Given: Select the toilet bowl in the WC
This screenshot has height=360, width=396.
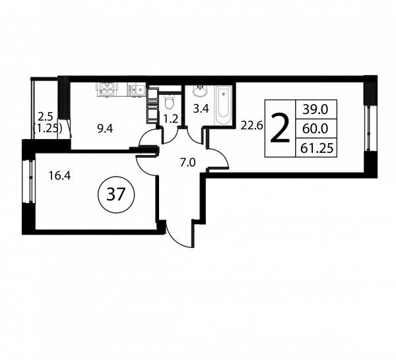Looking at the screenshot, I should click(169, 102).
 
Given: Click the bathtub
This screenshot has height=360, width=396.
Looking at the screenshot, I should click(222, 105).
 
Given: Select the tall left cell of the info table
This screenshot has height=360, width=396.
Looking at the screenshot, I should click(279, 129).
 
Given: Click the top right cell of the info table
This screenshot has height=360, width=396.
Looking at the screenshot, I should click(316, 108).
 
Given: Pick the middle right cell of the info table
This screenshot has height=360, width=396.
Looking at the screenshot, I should click(316, 128).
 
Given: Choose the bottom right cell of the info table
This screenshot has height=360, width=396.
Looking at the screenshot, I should click(316, 148).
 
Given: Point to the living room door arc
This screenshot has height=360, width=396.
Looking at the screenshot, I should click(213, 157).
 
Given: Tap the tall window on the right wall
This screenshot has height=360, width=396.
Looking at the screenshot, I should click(368, 128).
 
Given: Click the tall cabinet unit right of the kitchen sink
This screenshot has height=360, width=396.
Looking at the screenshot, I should click(152, 105).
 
